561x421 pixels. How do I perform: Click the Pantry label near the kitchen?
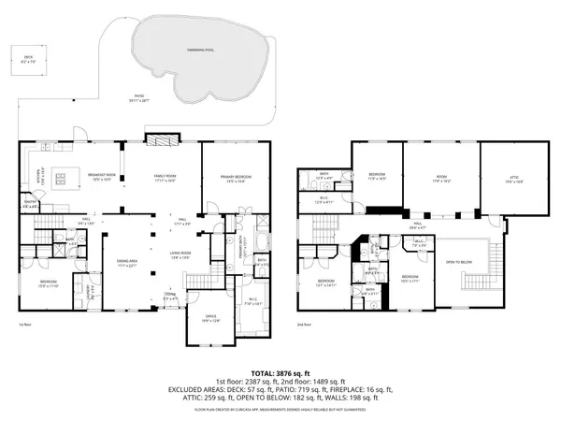coord(31,202)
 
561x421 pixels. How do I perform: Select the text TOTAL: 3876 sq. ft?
coord(280,373)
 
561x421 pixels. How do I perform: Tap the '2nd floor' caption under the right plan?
coord(305,325)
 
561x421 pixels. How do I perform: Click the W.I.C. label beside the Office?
coord(253,300)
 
